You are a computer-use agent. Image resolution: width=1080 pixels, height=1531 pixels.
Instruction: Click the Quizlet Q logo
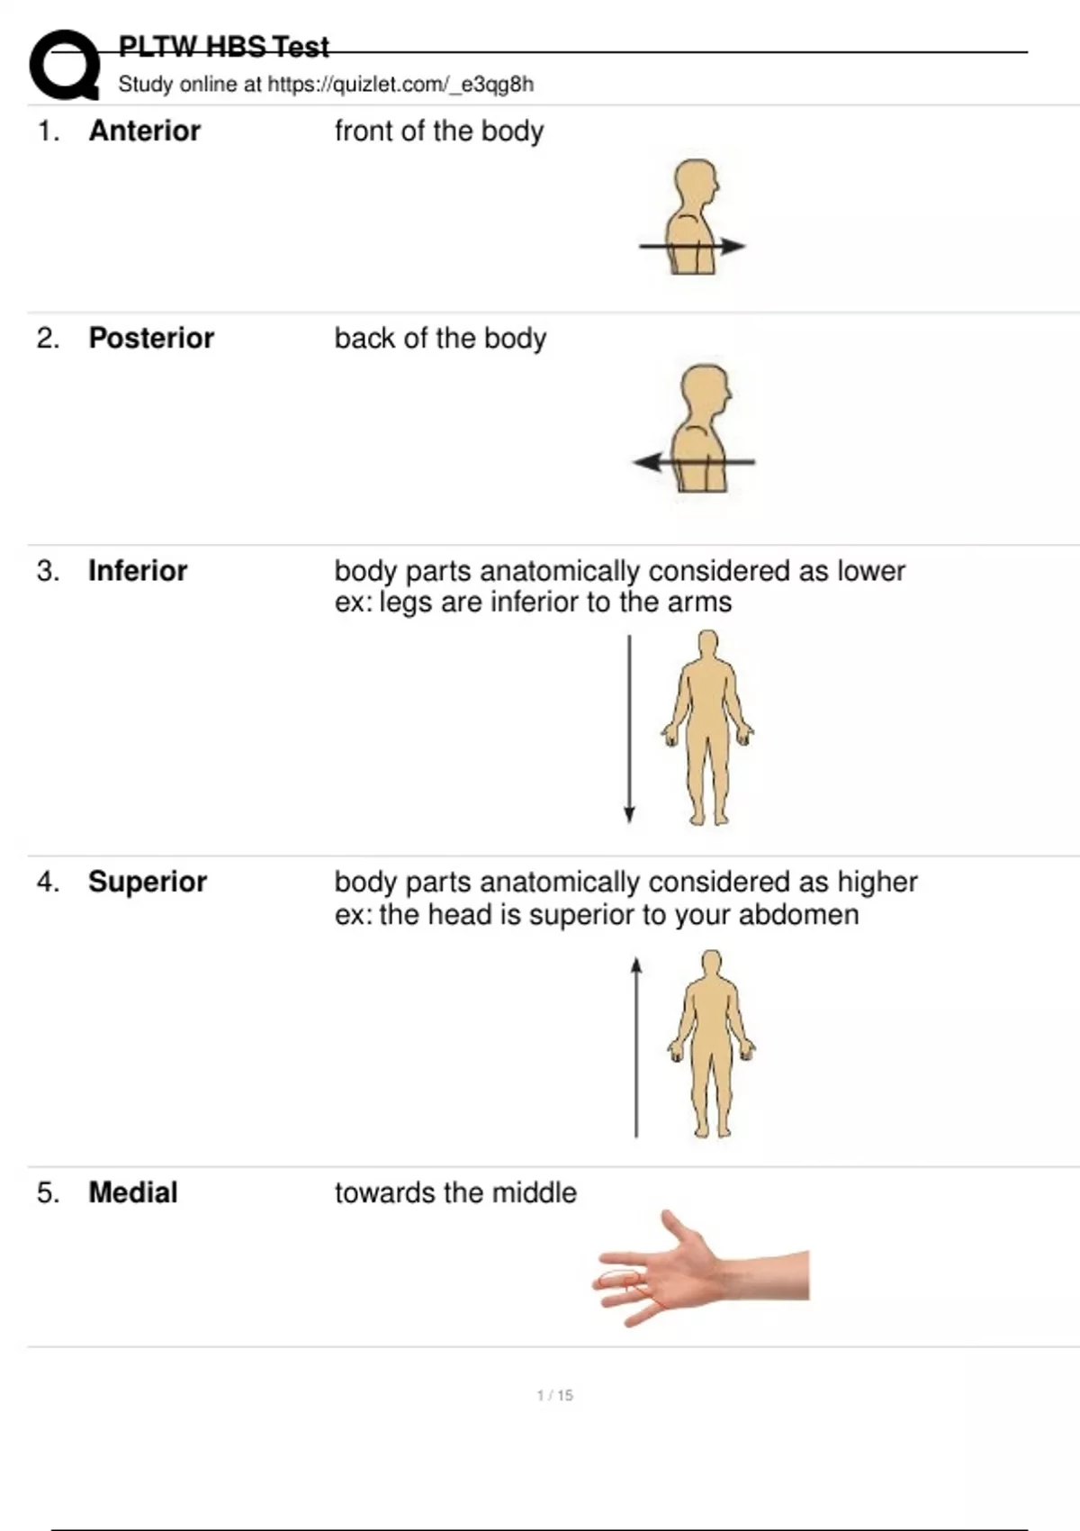(x=64, y=65)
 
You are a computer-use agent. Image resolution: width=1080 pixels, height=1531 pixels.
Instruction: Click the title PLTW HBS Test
(x=223, y=47)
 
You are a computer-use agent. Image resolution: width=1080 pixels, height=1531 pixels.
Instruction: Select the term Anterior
(x=145, y=131)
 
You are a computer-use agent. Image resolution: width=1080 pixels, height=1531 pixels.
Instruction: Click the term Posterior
(x=151, y=338)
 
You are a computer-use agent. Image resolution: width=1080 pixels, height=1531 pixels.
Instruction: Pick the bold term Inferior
(x=138, y=571)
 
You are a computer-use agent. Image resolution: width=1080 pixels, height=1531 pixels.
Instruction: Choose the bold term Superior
(x=148, y=882)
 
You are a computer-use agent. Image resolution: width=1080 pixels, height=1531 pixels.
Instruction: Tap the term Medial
(x=133, y=1192)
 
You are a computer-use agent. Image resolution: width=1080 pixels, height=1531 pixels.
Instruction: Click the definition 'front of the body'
(x=439, y=131)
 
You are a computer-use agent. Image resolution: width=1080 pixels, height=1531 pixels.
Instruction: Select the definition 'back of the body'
(x=441, y=339)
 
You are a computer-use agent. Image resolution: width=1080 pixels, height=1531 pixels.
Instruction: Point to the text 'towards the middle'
(x=455, y=1192)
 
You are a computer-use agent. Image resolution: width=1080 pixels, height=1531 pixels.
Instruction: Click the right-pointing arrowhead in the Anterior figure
(x=733, y=246)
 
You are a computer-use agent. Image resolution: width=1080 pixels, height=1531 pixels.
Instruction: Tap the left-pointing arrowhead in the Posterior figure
(x=646, y=462)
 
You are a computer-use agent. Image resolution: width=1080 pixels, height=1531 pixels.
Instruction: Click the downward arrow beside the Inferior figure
(x=629, y=729)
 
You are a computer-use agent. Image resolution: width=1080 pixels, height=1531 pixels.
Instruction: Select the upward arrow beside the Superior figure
(x=636, y=1047)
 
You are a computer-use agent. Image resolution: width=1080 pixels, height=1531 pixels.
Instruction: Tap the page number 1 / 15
(x=554, y=1396)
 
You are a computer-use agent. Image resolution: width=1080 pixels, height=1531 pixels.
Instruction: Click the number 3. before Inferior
(x=48, y=571)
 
